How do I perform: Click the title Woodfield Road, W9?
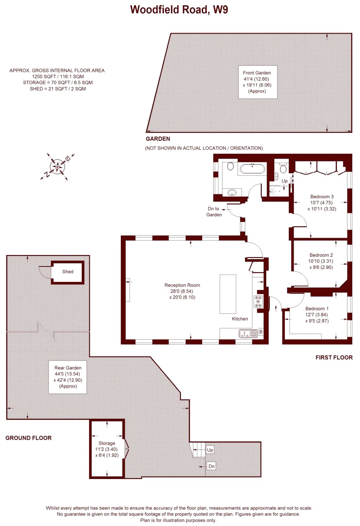click(x=179, y=10)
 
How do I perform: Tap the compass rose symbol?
click(x=57, y=167)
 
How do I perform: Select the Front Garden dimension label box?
click(x=258, y=82)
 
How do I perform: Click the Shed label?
click(x=68, y=272)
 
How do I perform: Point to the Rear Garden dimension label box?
click(x=68, y=377)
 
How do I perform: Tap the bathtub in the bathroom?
click(x=253, y=169)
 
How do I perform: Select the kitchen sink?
click(x=248, y=333)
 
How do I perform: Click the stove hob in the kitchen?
click(x=258, y=302)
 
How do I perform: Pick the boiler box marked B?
click(x=261, y=332)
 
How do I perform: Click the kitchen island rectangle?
click(x=228, y=294)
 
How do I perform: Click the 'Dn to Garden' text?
click(x=214, y=211)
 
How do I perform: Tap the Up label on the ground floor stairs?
click(x=210, y=450)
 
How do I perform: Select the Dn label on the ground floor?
click(x=211, y=466)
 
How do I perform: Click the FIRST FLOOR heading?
click(x=334, y=358)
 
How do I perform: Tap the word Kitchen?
click(x=240, y=319)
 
